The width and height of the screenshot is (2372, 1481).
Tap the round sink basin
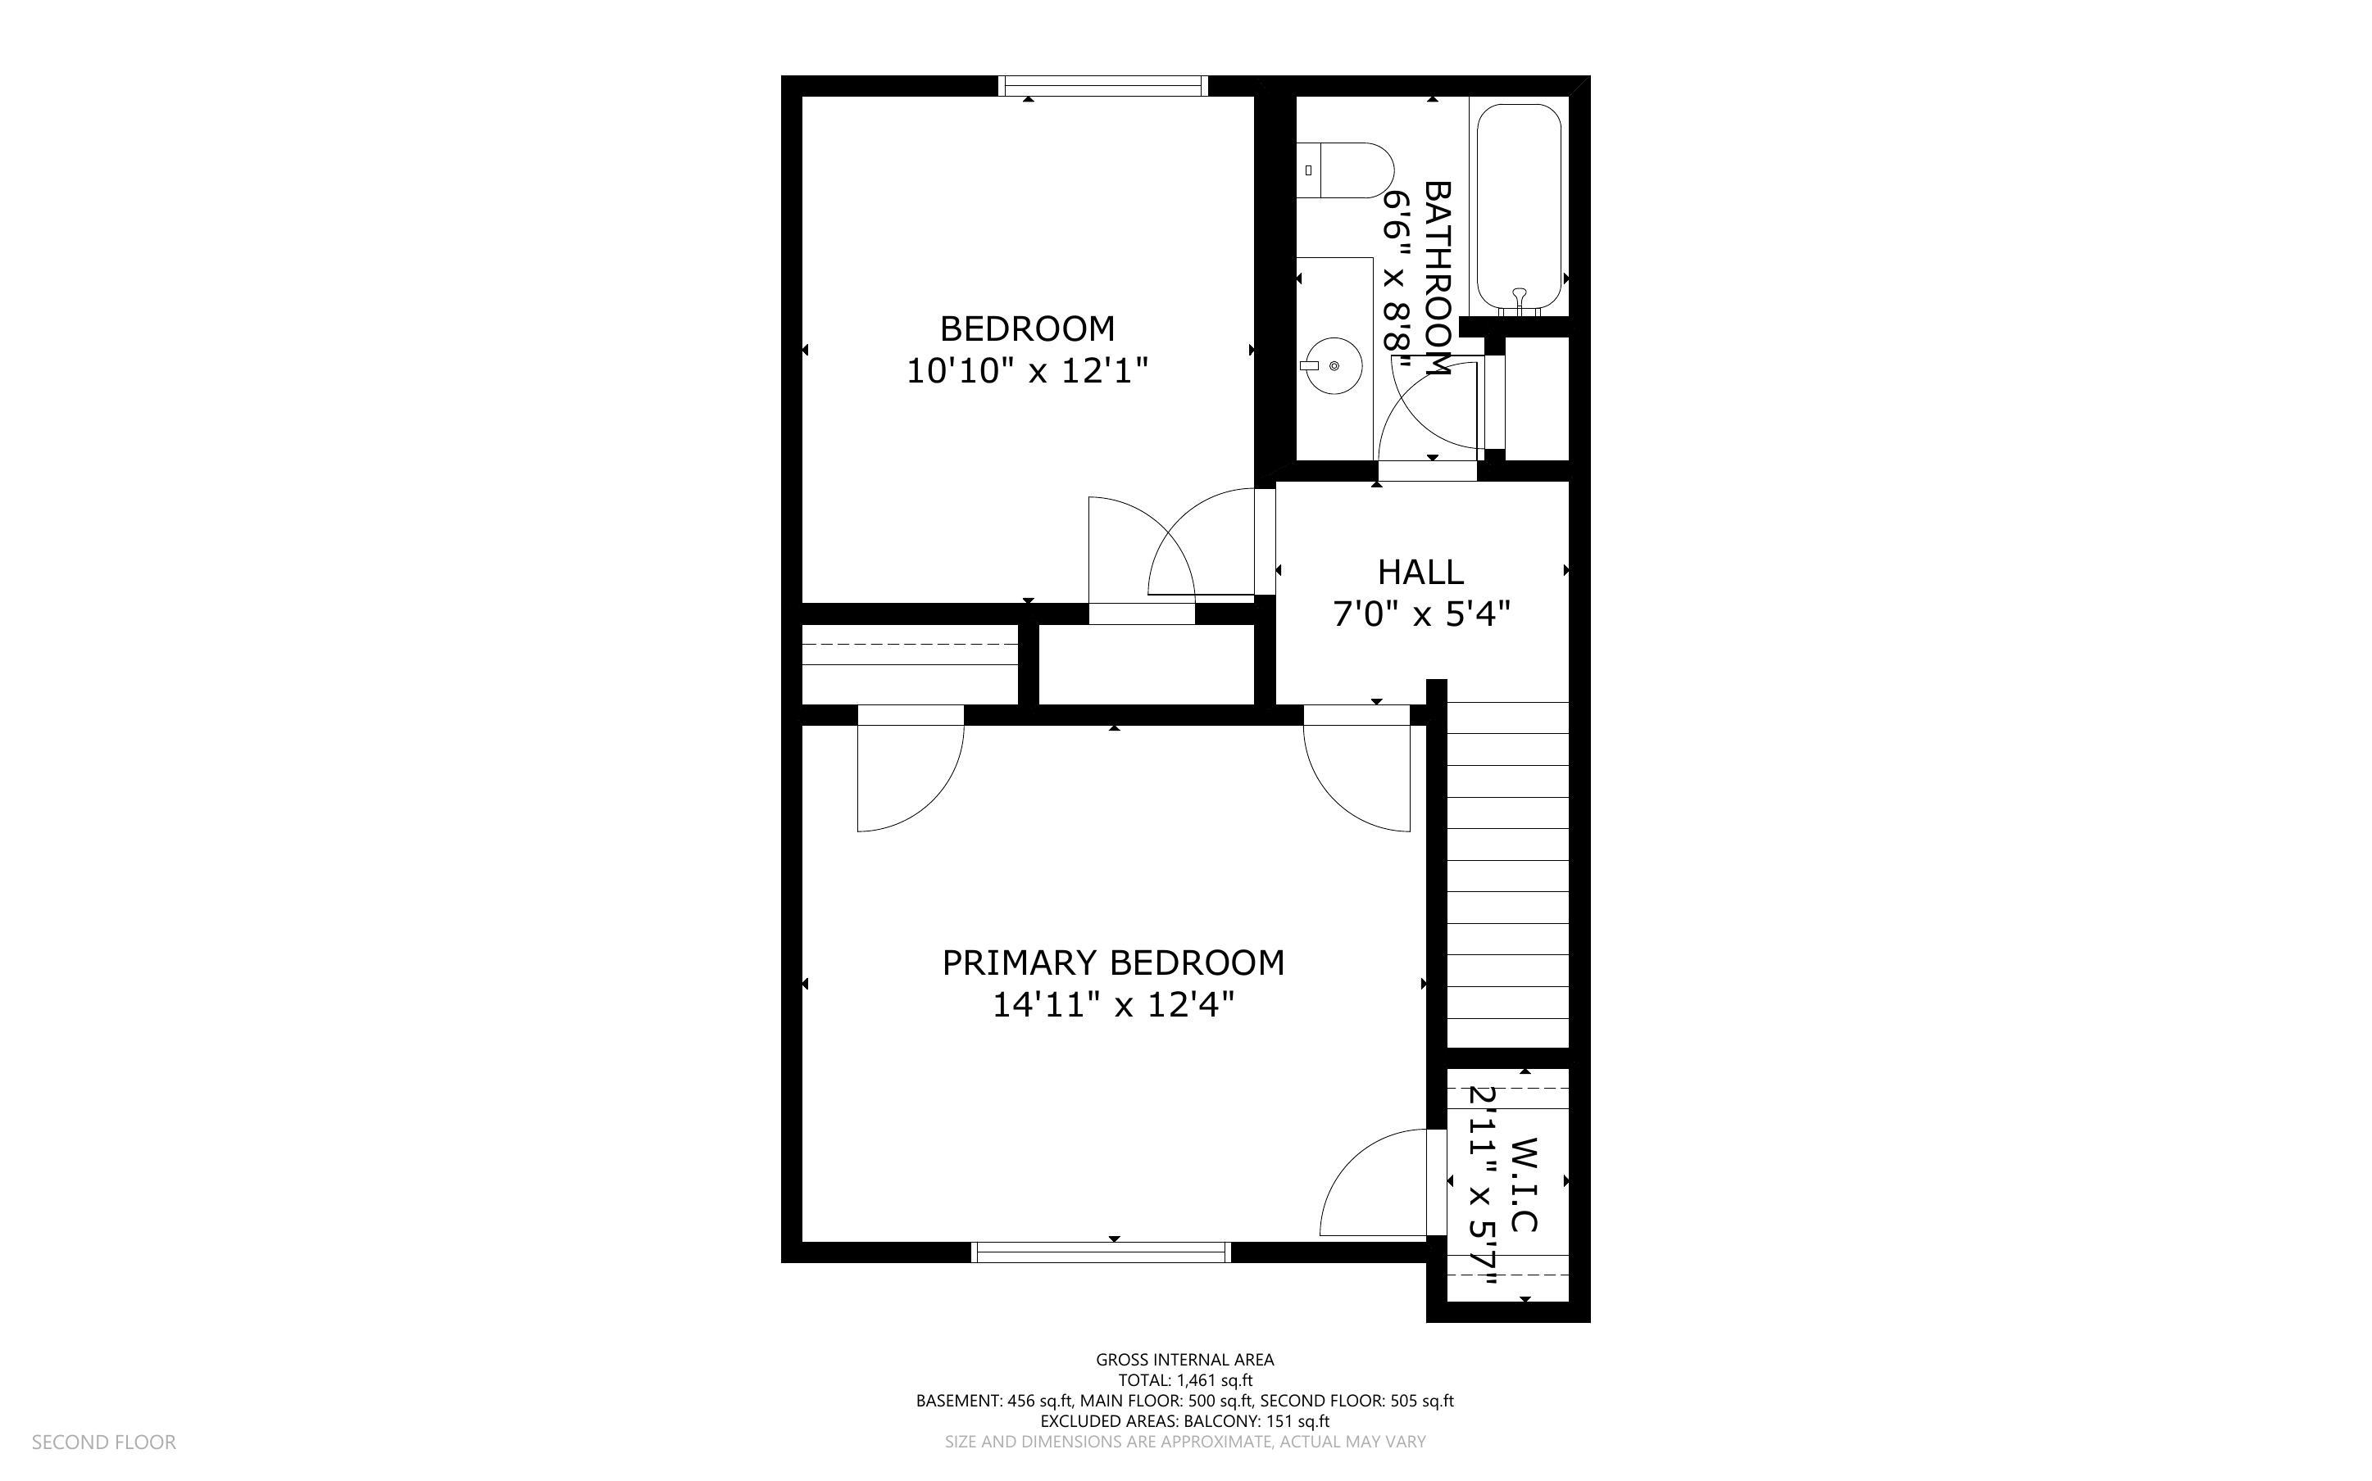1334,366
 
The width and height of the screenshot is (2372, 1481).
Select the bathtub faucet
1520,296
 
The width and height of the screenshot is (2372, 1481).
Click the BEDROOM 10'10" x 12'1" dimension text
1027,371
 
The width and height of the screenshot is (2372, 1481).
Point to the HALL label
1420,572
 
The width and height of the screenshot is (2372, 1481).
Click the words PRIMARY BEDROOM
1113,962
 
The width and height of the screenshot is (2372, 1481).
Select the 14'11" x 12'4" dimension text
1113,1005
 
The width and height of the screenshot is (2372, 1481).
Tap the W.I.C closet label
1525,1184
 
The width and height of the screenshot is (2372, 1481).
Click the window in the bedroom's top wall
1102,86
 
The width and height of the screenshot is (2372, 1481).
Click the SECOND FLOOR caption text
104,1442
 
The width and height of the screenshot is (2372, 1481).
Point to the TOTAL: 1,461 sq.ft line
1184,1380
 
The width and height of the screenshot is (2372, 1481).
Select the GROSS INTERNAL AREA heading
1184,1360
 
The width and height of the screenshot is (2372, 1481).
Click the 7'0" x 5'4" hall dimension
1420,615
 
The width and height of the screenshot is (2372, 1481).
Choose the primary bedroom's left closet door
908,774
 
